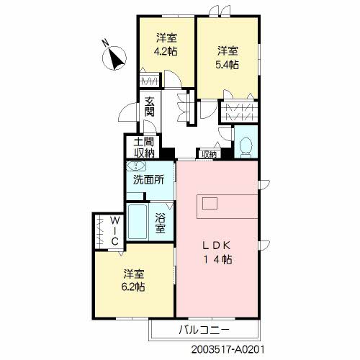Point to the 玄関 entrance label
click(149, 107)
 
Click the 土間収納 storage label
click(144, 147)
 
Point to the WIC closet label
click(114, 230)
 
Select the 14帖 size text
click(215, 260)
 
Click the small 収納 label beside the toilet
click(209, 154)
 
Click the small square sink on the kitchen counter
click(210, 202)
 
